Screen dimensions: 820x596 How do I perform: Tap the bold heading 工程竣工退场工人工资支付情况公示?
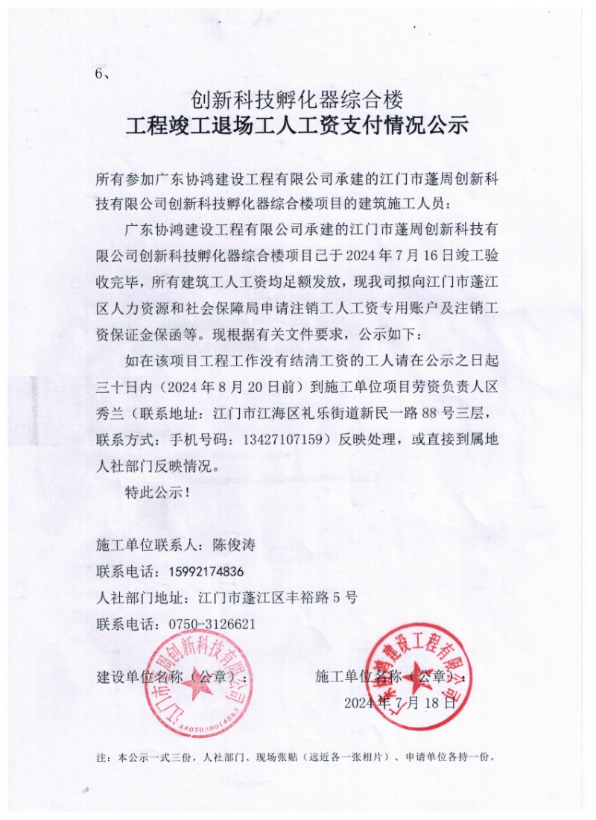[x=297, y=125]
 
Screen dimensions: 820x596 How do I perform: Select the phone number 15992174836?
[x=202, y=572]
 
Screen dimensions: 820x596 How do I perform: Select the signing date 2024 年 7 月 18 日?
[x=399, y=702]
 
